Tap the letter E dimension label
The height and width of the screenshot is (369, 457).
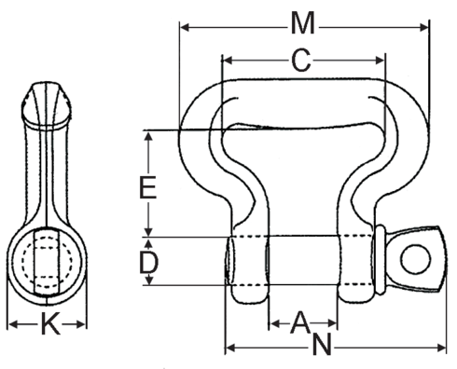(x=146, y=187)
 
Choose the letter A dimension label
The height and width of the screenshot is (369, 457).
(x=300, y=322)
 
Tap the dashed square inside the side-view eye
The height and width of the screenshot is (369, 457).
(x=47, y=258)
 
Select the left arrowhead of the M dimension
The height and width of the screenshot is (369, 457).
(x=185, y=27)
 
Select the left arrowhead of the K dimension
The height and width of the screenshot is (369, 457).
(x=12, y=326)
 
